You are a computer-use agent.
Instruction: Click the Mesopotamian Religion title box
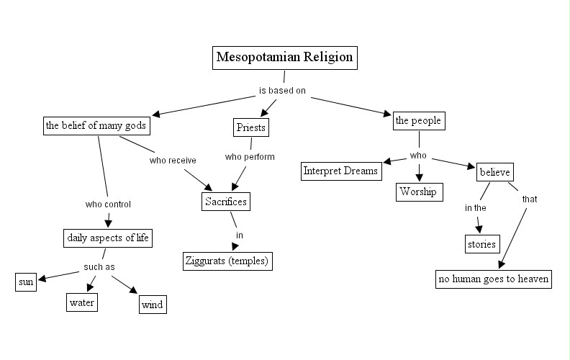(x=286, y=58)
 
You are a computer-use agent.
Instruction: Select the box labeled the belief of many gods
(x=96, y=126)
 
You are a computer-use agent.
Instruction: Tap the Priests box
(x=251, y=128)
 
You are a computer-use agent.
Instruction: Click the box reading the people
(x=418, y=120)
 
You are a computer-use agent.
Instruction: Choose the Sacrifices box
(x=225, y=202)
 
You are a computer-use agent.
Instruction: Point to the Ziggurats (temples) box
(x=227, y=260)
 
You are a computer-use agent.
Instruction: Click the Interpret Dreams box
(x=341, y=171)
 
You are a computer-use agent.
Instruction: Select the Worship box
(x=418, y=192)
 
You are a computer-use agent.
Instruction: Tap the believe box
(x=494, y=173)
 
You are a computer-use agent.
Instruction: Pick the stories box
(x=481, y=244)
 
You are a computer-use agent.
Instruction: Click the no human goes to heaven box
(x=494, y=279)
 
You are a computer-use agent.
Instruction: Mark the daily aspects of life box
(x=108, y=238)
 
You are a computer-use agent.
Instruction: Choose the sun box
(x=26, y=282)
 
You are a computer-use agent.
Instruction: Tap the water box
(x=82, y=302)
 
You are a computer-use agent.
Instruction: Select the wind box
(x=152, y=305)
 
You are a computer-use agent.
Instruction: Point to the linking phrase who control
(x=108, y=204)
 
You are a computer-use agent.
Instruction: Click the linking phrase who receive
(x=173, y=160)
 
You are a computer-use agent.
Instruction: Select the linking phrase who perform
(x=250, y=156)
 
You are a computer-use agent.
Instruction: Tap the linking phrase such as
(x=99, y=267)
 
